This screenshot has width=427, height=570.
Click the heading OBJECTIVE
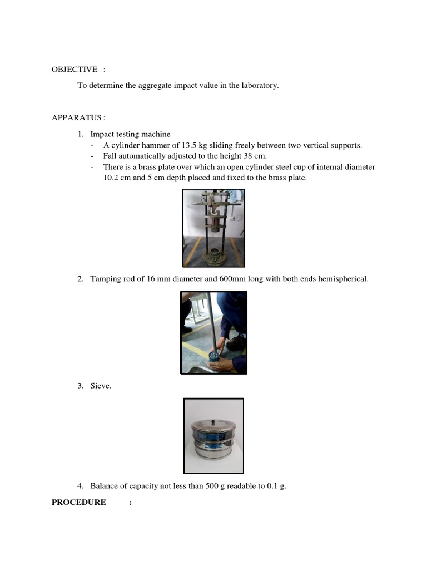pos(75,69)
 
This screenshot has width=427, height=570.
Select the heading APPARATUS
pos(77,117)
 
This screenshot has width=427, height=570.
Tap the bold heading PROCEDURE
pos(79,502)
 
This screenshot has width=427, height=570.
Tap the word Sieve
pos(101,385)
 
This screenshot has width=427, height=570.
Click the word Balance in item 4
pos(103,486)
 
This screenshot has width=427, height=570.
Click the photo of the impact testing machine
pos(213,228)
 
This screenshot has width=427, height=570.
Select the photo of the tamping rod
pos(213,332)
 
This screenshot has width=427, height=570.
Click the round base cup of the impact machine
pos(213,257)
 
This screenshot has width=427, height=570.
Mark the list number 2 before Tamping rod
pos(80,278)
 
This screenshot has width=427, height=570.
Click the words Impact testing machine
pos(130,134)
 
